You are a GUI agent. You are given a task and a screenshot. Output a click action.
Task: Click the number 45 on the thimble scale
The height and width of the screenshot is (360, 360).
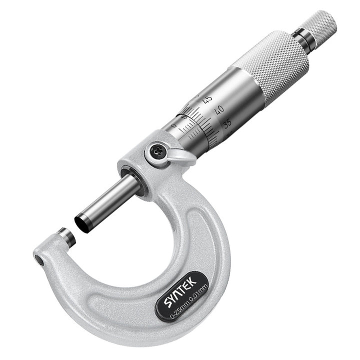208,99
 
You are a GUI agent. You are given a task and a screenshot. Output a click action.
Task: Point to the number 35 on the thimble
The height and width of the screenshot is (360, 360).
227,124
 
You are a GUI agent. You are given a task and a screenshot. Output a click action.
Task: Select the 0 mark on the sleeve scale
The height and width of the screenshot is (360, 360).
174,125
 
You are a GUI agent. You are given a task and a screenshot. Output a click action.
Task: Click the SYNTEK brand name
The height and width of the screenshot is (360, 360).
180,291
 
